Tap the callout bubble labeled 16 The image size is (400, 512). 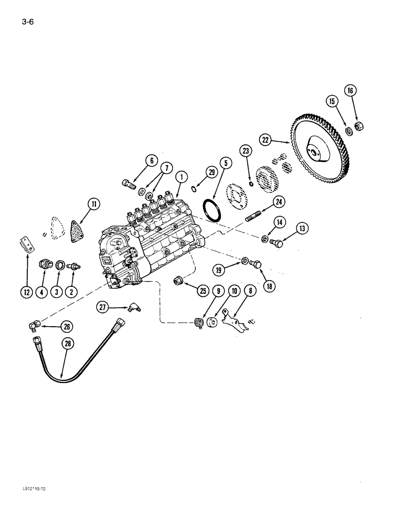pyautogui.click(x=350, y=91)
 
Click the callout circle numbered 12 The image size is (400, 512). pyautogui.click(x=26, y=292)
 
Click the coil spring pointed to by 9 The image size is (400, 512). pyautogui.click(x=195, y=324)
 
